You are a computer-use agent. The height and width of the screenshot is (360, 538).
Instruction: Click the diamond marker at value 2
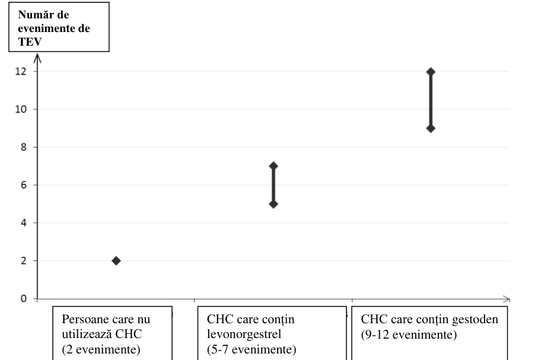click(x=116, y=261)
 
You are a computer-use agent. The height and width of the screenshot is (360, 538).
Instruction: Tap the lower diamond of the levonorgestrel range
click(x=273, y=204)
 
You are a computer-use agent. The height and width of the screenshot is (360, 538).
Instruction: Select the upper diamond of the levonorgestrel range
click(x=273, y=166)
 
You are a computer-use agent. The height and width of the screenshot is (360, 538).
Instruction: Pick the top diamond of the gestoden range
click(x=431, y=72)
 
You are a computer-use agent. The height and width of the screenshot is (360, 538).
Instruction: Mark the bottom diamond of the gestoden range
click(x=431, y=128)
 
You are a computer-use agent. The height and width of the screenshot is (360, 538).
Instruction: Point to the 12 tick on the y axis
click(x=21, y=71)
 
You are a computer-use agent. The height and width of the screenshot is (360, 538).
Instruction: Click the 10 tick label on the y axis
click(x=21, y=109)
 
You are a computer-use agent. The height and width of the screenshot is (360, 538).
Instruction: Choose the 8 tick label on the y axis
click(x=23, y=147)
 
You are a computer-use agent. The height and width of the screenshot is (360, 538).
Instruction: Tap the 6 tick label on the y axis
click(x=23, y=185)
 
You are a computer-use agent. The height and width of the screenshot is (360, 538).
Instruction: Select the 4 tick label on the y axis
click(x=23, y=223)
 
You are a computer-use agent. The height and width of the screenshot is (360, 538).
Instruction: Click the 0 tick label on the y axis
click(x=23, y=298)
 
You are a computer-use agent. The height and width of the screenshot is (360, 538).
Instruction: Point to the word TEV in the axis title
click(x=30, y=42)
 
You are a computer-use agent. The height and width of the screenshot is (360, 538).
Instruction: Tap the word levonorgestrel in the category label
click(x=244, y=334)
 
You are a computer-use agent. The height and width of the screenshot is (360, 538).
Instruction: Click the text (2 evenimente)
click(x=101, y=349)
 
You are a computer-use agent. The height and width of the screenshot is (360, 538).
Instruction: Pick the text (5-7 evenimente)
click(x=252, y=349)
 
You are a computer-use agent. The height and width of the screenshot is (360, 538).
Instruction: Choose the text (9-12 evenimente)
click(x=409, y=334)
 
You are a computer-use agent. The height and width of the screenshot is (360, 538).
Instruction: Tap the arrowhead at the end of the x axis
click(x=507, y=299)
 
